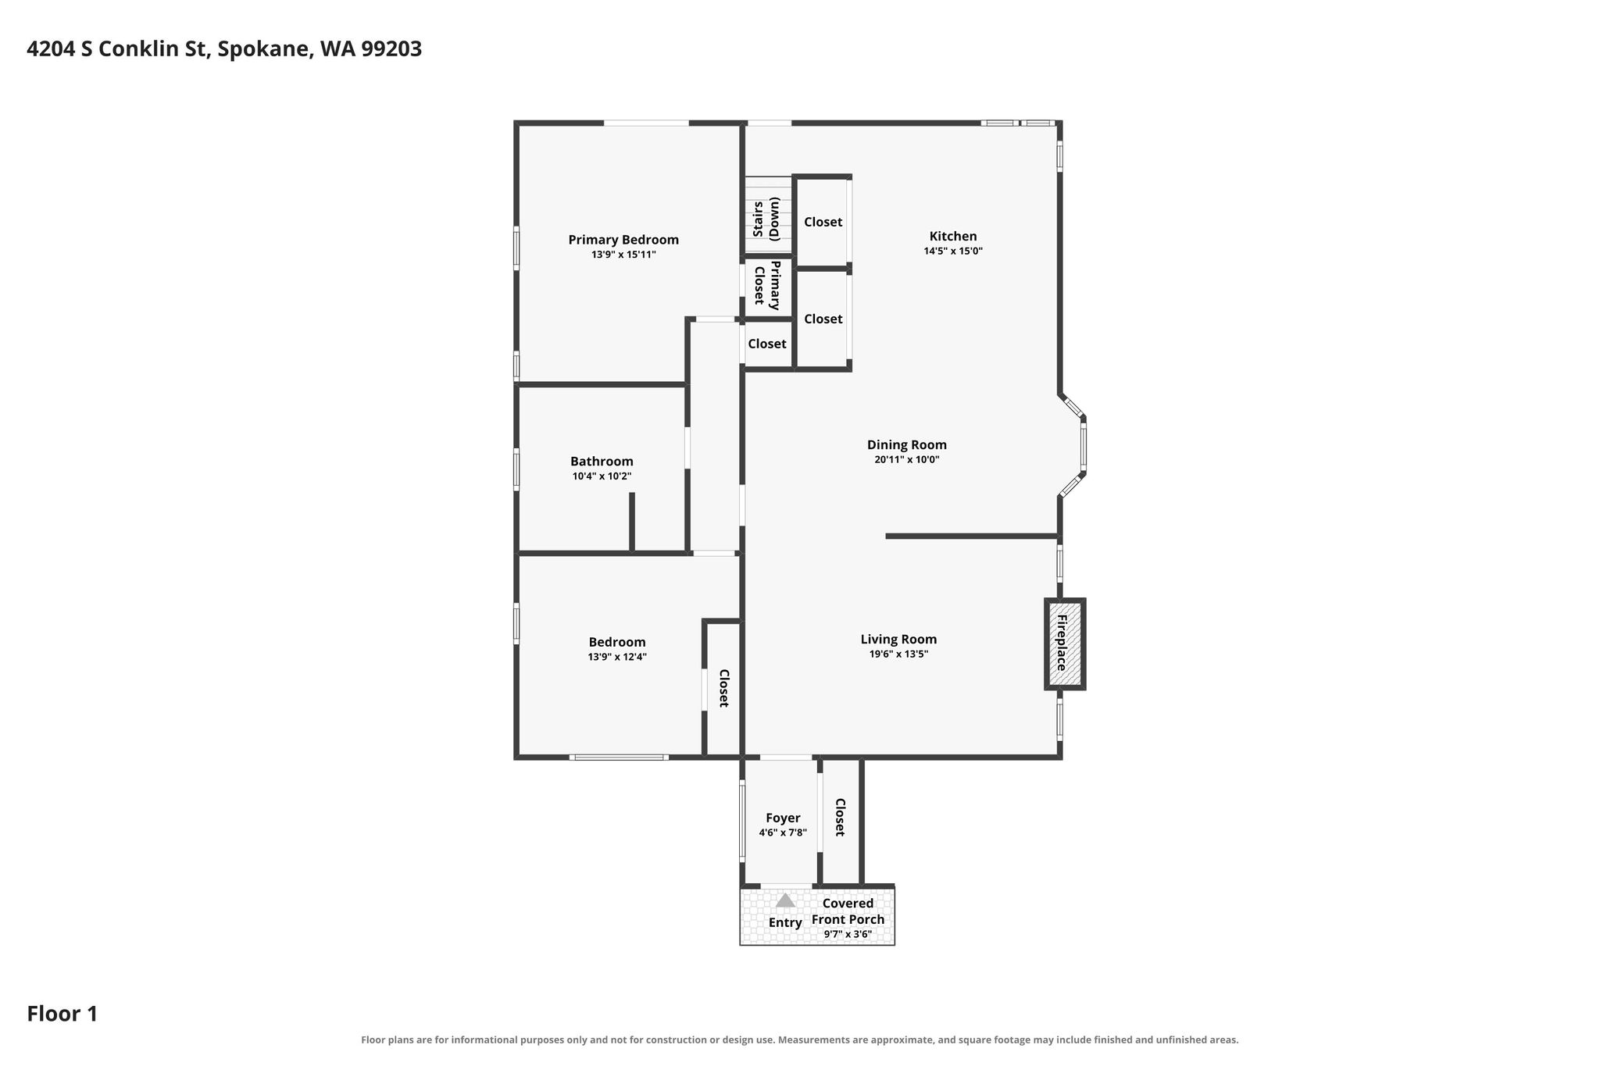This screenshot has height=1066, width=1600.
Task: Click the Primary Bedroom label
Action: coord(623,240)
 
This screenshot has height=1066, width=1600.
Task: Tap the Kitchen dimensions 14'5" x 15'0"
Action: coord(953,251)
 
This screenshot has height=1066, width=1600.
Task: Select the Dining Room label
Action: coord(907,444)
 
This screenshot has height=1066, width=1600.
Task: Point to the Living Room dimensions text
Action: coord(898,654)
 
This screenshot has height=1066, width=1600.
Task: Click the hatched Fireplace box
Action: coord(1065,644)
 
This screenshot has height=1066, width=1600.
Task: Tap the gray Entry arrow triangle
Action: coord(785,900)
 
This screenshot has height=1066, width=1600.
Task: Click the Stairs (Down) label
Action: coord(766,219)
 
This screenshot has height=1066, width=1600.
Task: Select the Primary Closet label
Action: coord(766,285)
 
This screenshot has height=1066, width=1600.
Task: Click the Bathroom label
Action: coord(602,462)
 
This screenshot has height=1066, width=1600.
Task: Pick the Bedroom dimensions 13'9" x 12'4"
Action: coord(617,658)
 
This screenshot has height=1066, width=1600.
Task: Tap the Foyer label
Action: coord(783,818)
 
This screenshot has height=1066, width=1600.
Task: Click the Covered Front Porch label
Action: coord(848,911)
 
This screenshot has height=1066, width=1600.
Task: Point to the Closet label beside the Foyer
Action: coord(841,817)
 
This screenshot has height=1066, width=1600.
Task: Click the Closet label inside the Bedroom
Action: coord(724,688)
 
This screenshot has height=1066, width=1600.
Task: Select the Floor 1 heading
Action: coord(62,1014)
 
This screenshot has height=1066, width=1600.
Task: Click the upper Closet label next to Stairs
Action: coord(823,222)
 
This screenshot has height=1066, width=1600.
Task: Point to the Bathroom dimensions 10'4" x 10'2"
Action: coord(602,476)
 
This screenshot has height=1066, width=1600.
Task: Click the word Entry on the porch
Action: coord(785,923)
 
